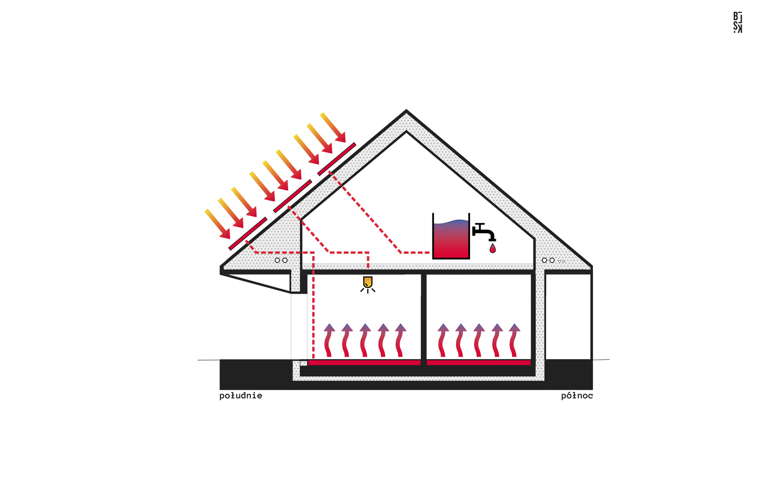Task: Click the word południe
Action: [x=240, y=396]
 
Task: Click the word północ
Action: [x=576, y=396]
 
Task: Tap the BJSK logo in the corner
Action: [x=737, y=22]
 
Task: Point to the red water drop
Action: [x=493, y=249]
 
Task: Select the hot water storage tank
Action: [x=451, y=237]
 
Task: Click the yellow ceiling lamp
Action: [x=368, y=283]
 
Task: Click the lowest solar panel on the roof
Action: [x=248, y=234]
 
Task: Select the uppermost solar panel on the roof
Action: [x=336, y=159]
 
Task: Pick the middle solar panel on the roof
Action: [x=292, y=196]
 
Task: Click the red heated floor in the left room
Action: [x=364, y=363]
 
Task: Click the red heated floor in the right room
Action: [x=478, y=363]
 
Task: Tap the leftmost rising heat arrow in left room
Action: [x=329, y=340]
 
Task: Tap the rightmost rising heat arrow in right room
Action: [x=514, y=340]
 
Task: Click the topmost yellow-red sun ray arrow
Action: [x=333, y=127]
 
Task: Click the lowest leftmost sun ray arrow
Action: [x=217, y=224]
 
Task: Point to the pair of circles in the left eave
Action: [x=281, y=260]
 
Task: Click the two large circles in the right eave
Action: [x=548, y=260]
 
